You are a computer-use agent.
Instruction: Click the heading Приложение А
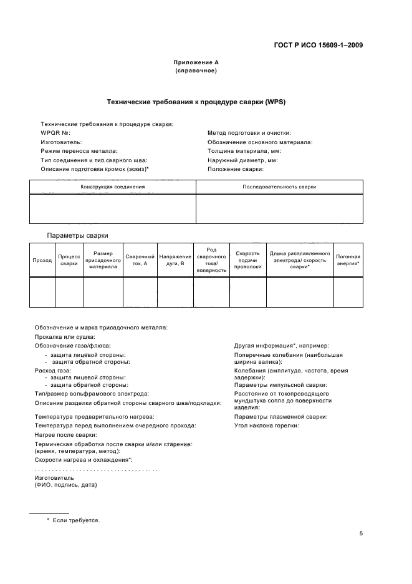coord(196,62)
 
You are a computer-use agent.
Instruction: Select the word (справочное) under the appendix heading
coord(196,71)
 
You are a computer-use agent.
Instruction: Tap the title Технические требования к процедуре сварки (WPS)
coord(196,102)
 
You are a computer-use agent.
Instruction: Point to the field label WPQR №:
coord(55,133)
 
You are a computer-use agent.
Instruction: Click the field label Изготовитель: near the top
coord(61,142)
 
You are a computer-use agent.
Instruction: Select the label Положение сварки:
coord(236,168)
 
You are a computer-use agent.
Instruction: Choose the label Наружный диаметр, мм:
coord(242,160)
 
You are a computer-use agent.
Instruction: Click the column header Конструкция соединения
coord(113,187)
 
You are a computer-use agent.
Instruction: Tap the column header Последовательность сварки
coord(279,187)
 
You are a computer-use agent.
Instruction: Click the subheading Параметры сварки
coord(78,235)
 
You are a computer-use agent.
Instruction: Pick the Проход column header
coord(42,260)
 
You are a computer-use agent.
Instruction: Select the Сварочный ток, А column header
coord(140,260)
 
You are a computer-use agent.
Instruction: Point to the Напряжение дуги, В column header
coord(175,260)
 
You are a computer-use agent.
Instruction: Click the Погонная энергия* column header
coord(348,260)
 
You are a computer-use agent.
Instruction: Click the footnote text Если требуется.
coord(76,520)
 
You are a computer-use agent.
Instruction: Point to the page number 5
coord(362,533)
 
